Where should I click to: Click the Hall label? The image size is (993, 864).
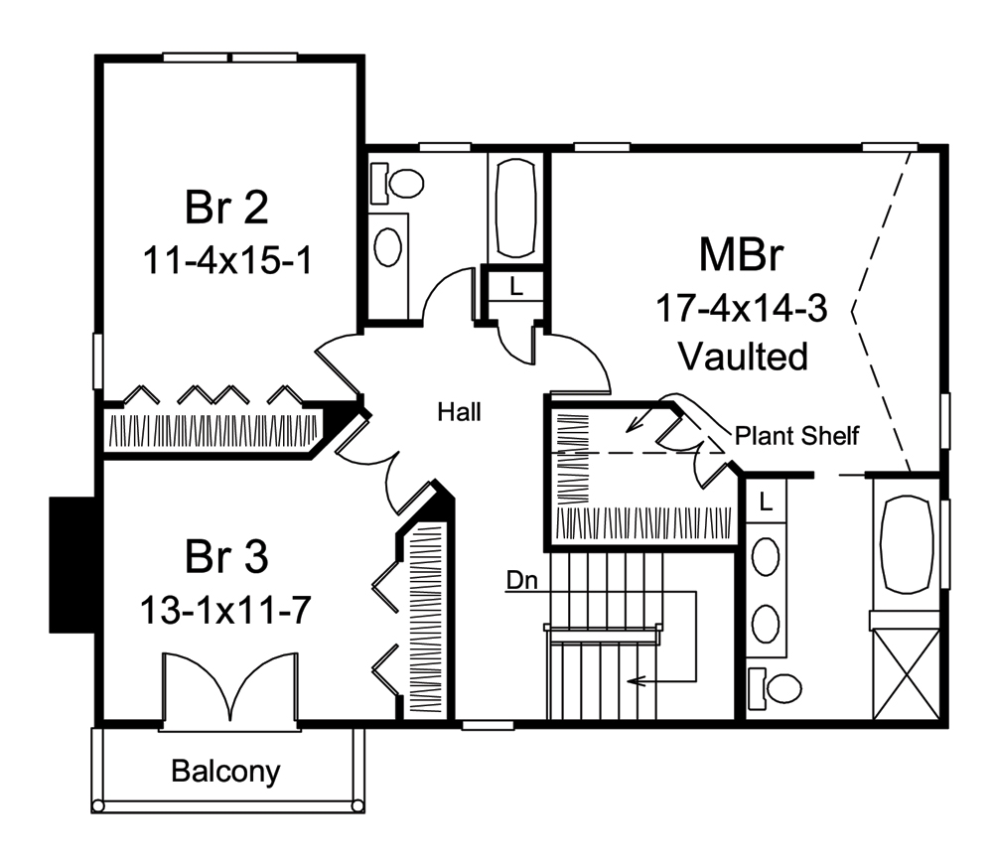[x=459, y=411]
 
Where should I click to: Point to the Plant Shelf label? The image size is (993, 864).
[x=796, y=434]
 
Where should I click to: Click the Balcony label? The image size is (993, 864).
[x=225, y=770]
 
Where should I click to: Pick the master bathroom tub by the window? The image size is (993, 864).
[x=905, y=543]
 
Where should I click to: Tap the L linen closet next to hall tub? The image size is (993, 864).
[x=515, y=287]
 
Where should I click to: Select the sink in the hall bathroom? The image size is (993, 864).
[x=390, y=242]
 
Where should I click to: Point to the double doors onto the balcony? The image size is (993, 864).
[x=230, y=687]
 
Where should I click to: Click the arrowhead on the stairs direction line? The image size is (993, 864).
[x=632, y=681]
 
